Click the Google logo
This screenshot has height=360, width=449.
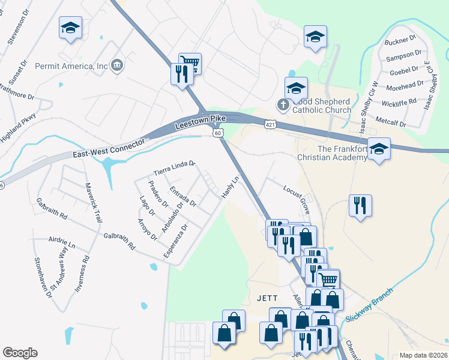[20, 353]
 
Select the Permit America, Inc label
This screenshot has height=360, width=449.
[71, 66]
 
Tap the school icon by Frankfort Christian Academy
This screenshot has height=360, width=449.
[378, 148]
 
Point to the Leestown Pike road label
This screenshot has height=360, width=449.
[200, 122]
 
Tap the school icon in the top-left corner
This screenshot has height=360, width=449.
[70, 28]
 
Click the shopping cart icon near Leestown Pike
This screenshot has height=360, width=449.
[190, 63]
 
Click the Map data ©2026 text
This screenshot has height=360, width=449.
[423, 355]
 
